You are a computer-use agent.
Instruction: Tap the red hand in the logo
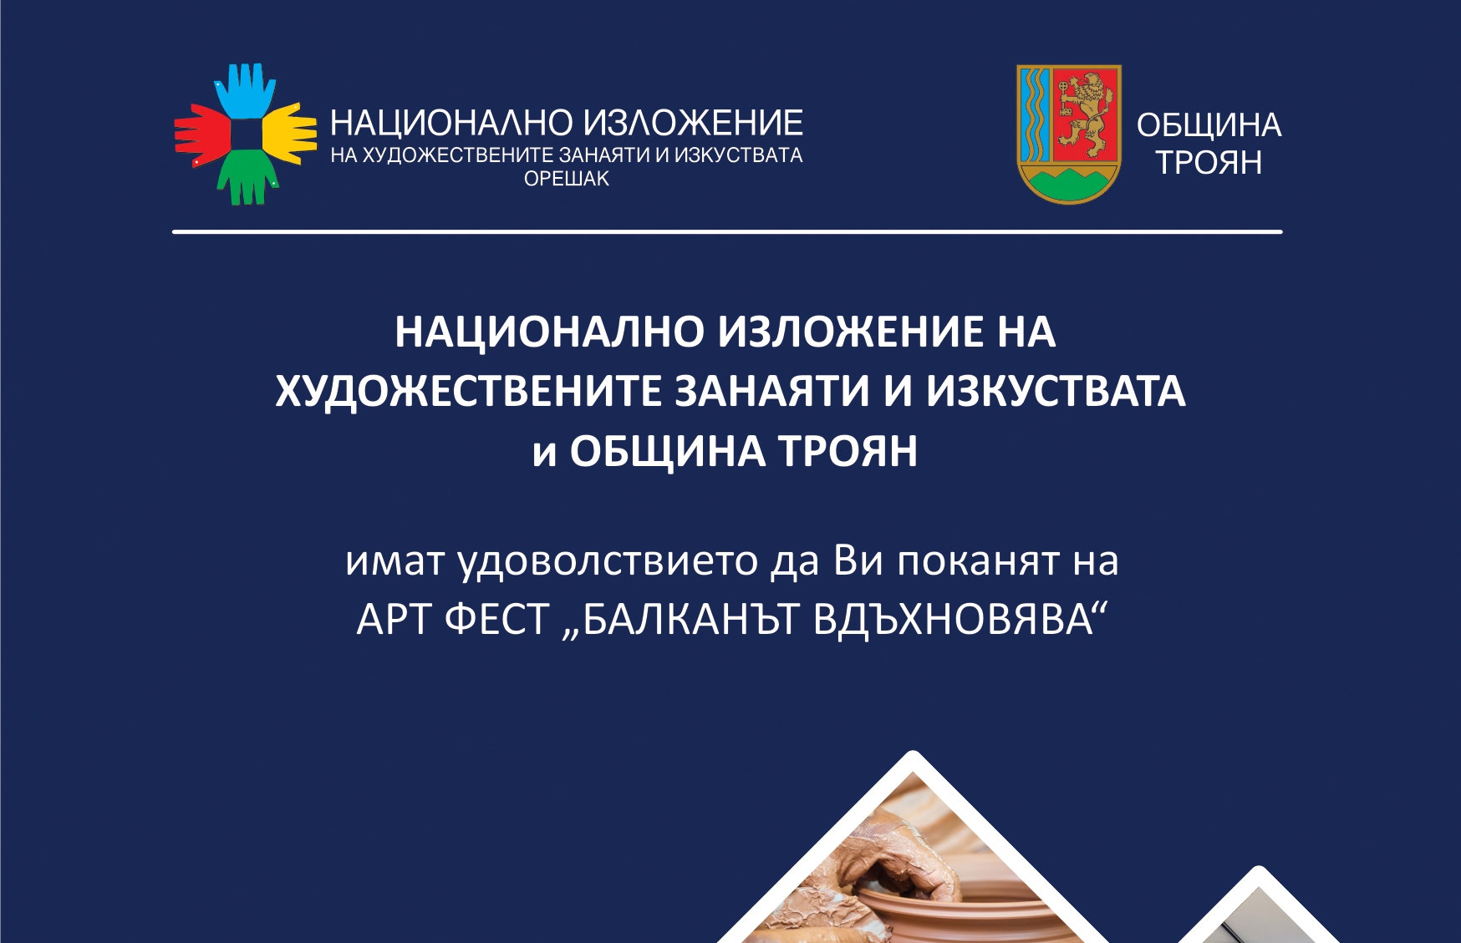[202, 134]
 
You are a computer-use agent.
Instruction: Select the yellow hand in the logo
[289, 133]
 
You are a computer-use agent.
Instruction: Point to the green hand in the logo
[247, 177]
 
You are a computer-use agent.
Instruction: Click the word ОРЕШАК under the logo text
[567, 179]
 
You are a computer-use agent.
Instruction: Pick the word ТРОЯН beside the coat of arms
[1209, 163]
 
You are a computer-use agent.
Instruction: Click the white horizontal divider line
[727, 231]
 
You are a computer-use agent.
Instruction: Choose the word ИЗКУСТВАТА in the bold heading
[1056, 391]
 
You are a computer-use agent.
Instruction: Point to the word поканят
[978, 561]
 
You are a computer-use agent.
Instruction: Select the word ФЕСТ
[496, 620]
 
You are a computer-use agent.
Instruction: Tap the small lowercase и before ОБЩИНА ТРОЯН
[544, 454]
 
